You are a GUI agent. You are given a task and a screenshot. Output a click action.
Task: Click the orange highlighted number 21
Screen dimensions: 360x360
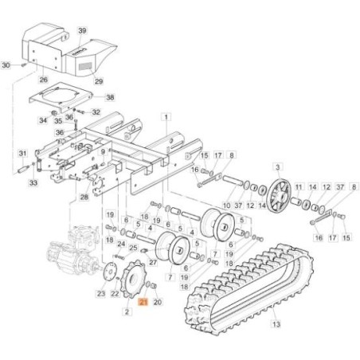(142, 303)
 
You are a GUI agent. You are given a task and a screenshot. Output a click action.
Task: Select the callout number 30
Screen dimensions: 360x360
(6, 65)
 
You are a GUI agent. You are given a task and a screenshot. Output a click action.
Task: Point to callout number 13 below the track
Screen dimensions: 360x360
(276, 325)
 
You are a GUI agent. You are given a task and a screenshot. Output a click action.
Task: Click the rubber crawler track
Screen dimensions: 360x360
(239, 287)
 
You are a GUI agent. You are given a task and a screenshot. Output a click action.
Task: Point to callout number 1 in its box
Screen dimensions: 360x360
(165, 117)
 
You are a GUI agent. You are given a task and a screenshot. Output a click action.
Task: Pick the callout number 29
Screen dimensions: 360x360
(99, 81)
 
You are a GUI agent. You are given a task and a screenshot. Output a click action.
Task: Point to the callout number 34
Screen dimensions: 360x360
(43, 120)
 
